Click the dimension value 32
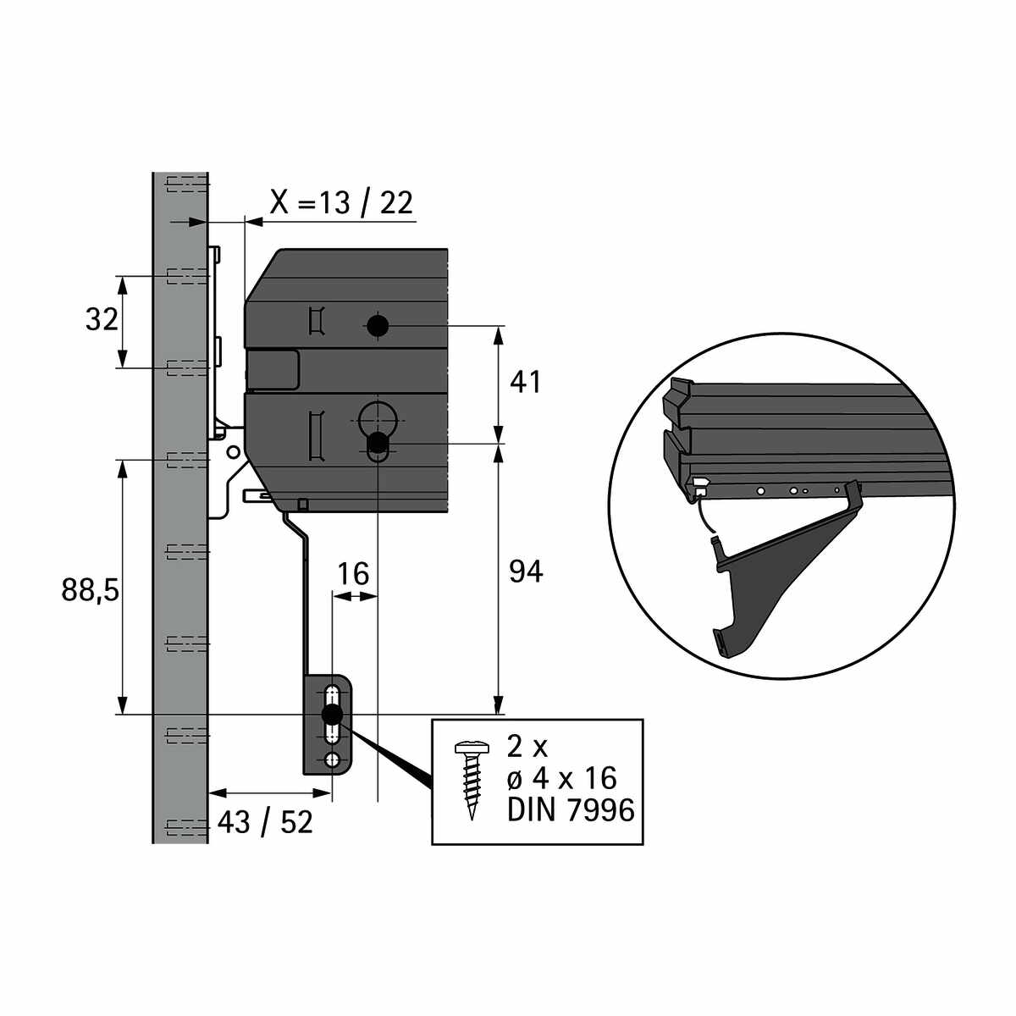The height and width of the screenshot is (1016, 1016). (x=102, y=320)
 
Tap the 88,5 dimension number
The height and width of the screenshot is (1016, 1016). (x=90, y=590)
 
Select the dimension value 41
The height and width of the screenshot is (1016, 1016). (x=525, y=383)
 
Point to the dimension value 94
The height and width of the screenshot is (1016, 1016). (x=526, y=571)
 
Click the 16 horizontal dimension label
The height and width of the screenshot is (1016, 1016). (x=353, y=574)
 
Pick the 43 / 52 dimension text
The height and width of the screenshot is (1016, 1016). (x=265, y=822)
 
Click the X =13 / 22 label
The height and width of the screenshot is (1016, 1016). (x=341, y=202)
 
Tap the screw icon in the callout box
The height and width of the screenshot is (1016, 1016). (x=472, y=781)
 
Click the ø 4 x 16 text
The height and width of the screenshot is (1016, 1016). (x=561, y=778)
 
